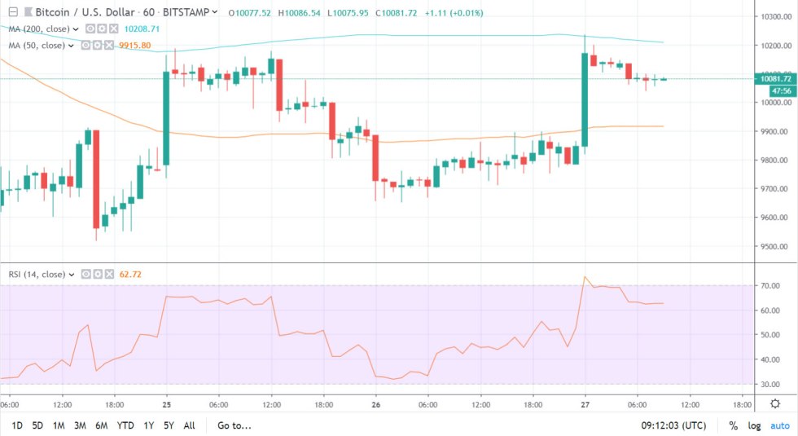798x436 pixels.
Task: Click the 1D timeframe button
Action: [17, 425]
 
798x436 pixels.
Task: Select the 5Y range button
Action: [168, 425]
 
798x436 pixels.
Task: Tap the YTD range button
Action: [125, 425]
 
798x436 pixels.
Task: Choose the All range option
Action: [190, 425]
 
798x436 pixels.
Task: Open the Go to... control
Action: [235, 425]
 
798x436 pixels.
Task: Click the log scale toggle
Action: [755, 425]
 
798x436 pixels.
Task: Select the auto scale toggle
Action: [780, 425]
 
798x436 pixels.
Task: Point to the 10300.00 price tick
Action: [772, 17]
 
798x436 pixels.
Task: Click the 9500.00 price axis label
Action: [772, 247]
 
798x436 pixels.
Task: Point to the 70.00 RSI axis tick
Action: [770, 286]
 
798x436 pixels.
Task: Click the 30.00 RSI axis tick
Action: [770, 384]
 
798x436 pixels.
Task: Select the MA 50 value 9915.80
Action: [135, 44]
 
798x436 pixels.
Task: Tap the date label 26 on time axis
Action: [376, 403]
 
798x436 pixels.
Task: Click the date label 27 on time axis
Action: [585, 403]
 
